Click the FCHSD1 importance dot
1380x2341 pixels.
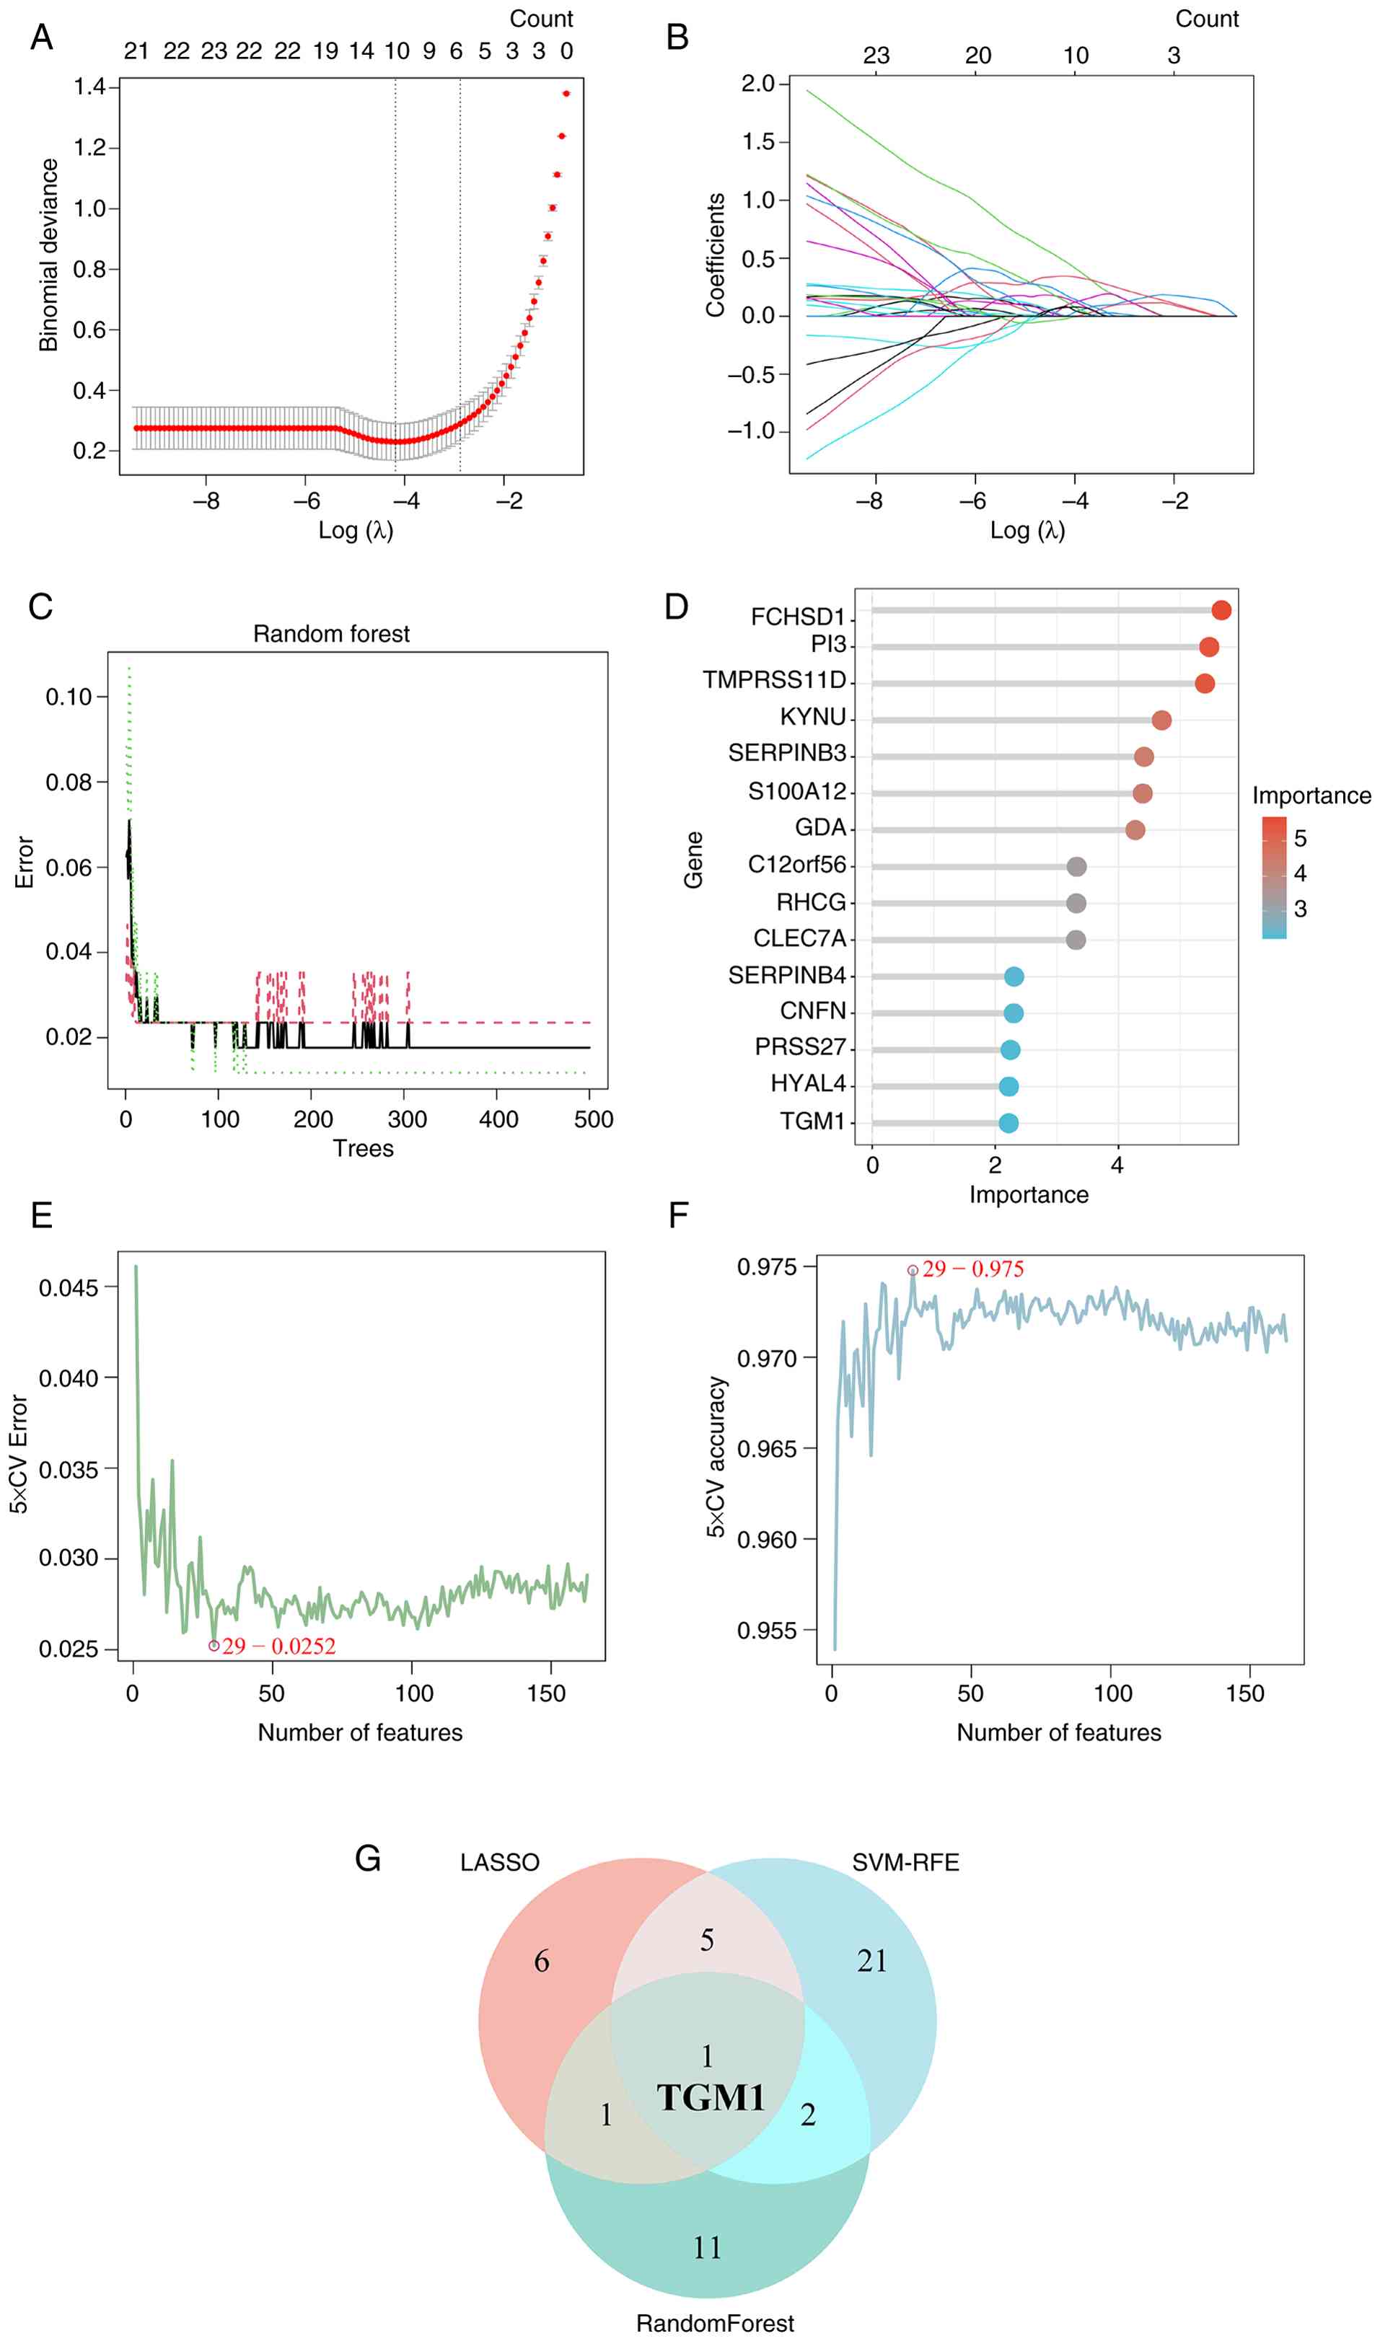(1221, 610)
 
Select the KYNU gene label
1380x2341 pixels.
(813, 717)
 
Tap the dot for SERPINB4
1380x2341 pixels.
(1014, 976)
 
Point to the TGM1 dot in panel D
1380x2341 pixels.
(1008, 1123)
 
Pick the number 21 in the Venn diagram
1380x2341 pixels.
(871, 1962)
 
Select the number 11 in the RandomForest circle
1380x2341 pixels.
(707, 2248)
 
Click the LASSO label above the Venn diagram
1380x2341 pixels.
(499, 1863)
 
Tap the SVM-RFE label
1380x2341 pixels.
(905, 1863)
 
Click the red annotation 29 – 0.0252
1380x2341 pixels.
(278, 1646)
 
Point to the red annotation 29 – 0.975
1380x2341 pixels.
(972, 1269)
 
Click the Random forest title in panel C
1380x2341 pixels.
(331, 634)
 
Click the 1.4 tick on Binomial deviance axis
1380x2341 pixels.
(90, 87)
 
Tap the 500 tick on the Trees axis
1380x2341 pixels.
(593, 1119)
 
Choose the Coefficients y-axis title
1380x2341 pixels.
(715, 255)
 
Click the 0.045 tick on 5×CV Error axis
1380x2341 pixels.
(68, 1287)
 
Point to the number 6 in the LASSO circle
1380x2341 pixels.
(541, 1962)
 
